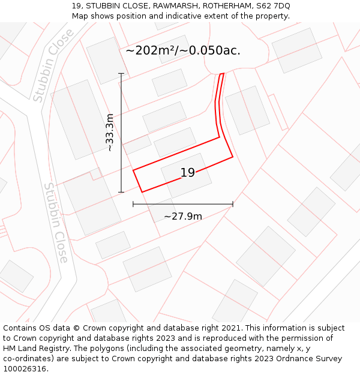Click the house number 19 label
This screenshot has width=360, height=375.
(x=188, y=173)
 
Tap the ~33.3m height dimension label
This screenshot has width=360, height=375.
(x=110, y=133)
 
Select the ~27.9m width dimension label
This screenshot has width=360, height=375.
(x=183, y=216)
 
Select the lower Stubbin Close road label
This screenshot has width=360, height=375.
(x=56, y=223)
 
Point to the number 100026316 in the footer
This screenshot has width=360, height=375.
(x=25, y=369)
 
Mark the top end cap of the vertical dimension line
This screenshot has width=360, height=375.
(x=121, y=73)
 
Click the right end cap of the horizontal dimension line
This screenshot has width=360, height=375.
(x=233, y=204)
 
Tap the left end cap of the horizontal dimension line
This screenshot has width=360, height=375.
(x=133, y=204)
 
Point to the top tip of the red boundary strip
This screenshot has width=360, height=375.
(x=222, y=74)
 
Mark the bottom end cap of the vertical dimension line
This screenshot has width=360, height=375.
(x=121, y=192)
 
